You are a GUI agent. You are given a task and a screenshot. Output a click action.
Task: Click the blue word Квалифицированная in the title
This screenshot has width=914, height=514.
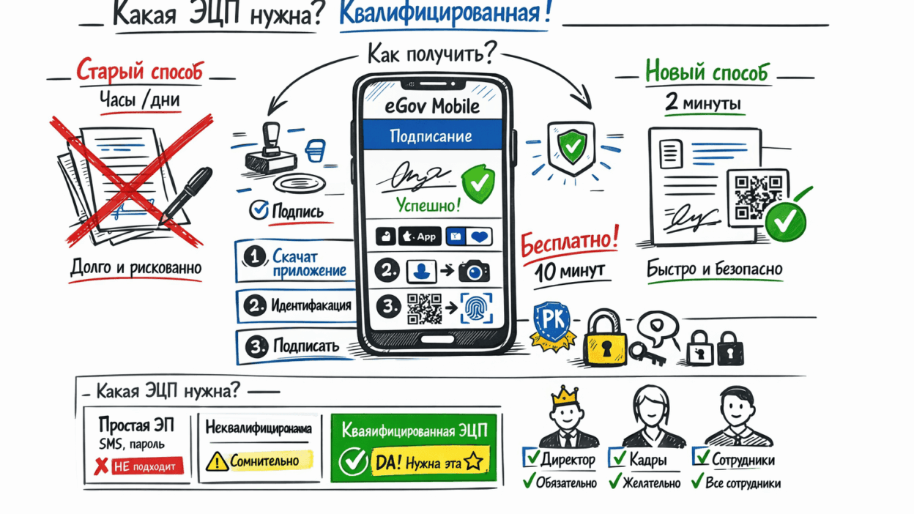click(445, 15)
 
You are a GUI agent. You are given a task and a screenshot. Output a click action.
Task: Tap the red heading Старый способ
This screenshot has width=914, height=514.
click(139, 72)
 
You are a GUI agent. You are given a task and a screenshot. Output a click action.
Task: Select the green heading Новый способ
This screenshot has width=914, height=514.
click(707, 72)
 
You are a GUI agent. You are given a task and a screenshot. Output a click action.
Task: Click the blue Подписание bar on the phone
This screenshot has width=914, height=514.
click(431, 136)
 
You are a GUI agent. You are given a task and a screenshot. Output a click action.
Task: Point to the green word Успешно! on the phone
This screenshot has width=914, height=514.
click(428, 206)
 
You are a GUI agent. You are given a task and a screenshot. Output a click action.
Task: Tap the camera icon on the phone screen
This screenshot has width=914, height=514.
click(474, 272)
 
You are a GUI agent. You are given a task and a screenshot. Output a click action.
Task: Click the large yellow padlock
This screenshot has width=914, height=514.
click(604, 339)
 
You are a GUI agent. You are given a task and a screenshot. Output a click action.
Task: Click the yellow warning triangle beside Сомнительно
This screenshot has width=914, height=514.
click(217, 461)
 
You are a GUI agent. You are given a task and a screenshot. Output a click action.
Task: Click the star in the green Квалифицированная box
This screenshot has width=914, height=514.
click(473, 461)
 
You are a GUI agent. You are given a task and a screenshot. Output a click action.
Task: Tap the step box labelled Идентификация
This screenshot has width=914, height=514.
click(296, 305)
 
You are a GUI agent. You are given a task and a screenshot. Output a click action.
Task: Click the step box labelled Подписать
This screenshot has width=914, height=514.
click(296, 346)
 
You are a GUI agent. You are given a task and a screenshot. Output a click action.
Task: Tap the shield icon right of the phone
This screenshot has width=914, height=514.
click(570, 147)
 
